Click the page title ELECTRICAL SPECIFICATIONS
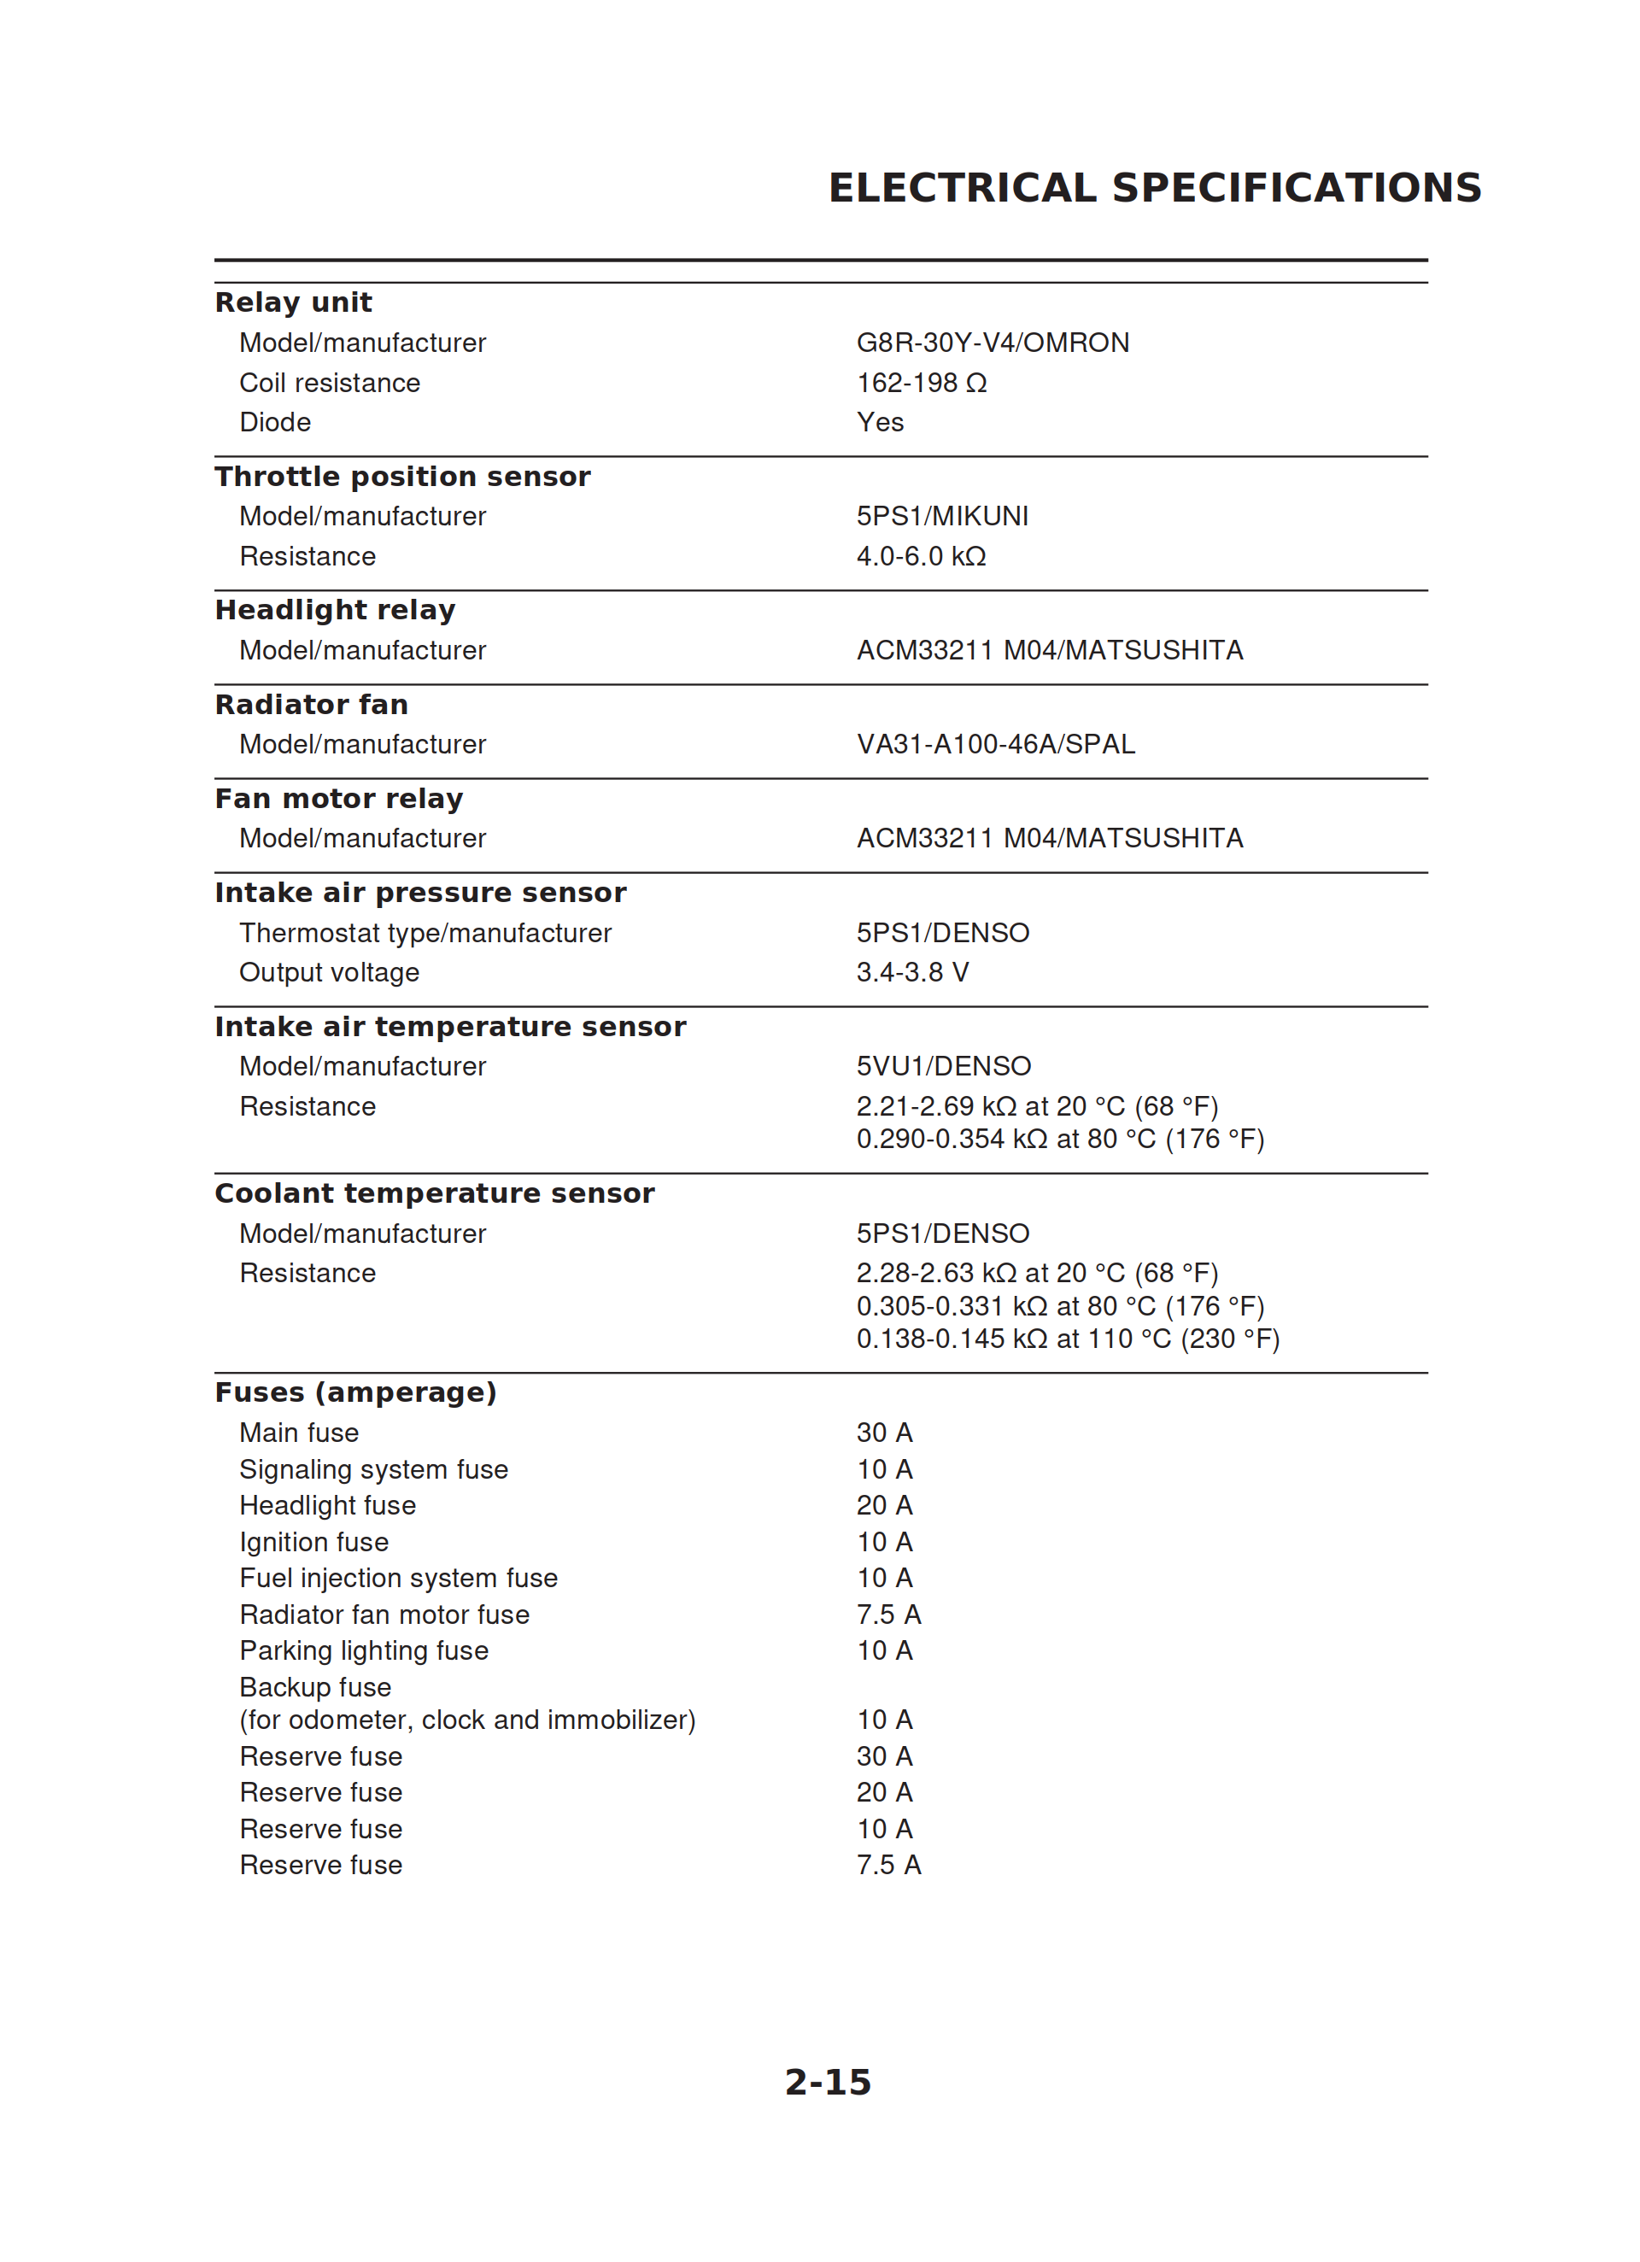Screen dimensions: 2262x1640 pos(1154,189)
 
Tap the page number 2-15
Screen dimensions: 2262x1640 pos(827,2082)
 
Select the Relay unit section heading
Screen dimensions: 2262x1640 pos(293,302)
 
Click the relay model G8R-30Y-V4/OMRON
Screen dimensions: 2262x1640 pos(993,343)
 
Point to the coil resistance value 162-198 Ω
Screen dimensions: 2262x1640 pos(921,383)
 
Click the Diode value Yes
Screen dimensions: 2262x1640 pos(880,423)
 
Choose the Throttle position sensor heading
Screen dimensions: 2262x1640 pos(402,477)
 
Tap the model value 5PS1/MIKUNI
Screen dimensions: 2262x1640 pos(941,517)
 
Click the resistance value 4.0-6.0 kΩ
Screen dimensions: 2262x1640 pos(921,556)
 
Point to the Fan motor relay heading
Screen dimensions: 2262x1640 pos(339,799)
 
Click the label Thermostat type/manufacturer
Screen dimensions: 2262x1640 pos(425,934)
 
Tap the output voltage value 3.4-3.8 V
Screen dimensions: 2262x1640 pos(911,972)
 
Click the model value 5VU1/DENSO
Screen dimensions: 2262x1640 pos(943,1067)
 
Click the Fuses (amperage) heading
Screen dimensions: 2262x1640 pos(355,1392)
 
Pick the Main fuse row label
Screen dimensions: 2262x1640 pos(298,1433)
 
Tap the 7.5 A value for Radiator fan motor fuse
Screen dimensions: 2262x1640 pos(887,1614)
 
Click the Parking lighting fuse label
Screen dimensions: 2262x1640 pos(363,1651)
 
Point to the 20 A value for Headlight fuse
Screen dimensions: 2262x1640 pos(884,1506)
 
